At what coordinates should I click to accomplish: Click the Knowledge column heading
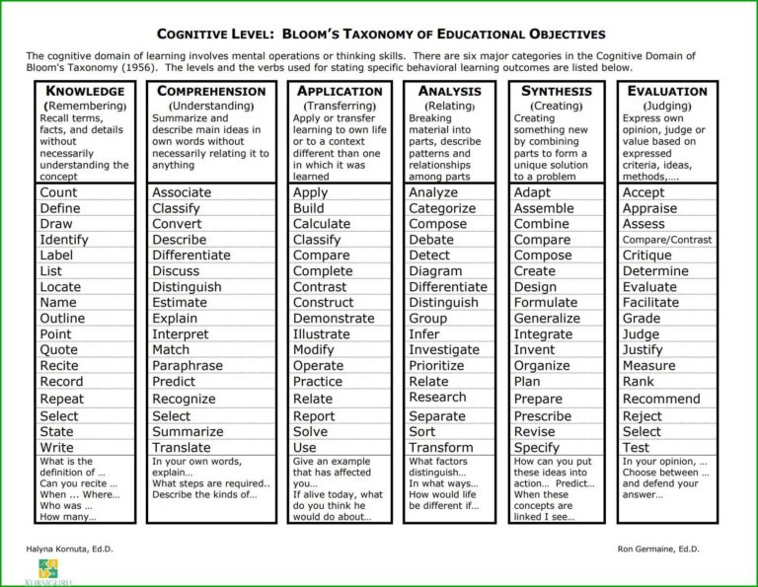pos(84,91)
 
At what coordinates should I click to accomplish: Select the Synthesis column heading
pos(556,91)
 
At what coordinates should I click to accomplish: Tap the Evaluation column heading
pos(667,91)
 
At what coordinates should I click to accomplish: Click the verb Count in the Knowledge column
pos(58,192)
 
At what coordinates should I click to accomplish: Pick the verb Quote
pos(58,350)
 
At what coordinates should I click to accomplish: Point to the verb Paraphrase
pos(188,366)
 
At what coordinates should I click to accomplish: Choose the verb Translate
pos(181,448)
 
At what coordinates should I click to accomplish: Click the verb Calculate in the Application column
pos(322,224)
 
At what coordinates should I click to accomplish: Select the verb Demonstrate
pos(334,319)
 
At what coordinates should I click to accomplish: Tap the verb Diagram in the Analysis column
pos(435,271)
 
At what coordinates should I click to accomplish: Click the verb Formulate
pos(546,303)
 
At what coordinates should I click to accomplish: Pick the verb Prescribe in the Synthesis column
pos(543,416)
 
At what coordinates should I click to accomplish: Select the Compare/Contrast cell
pos(667,240)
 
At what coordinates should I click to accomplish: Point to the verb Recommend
pos(661,400)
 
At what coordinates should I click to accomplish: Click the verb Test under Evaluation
pos(637,448)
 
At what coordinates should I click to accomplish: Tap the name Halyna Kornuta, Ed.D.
pos(65,548)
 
